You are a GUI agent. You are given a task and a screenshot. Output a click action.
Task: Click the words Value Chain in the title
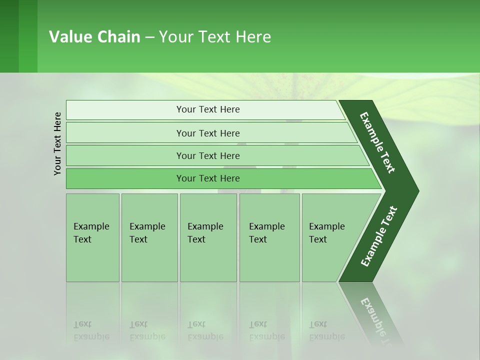click(x=94, y=37)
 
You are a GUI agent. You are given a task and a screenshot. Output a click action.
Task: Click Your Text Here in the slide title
click(x=215, y=37)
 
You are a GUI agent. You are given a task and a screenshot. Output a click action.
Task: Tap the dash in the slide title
click(x=149, y=37)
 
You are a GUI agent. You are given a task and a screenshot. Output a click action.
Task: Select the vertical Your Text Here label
click(x=57, y=143)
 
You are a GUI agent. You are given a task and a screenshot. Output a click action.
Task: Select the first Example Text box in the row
click(x=92, y=237)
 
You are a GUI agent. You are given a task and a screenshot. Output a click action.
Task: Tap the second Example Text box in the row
click(x=149, y=237)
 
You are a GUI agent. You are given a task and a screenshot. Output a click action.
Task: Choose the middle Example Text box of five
click(x=208, y=237)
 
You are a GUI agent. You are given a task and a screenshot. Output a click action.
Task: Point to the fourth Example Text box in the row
click(x=269, y=237)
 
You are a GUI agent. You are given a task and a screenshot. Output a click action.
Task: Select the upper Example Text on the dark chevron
click(x=377, y=142)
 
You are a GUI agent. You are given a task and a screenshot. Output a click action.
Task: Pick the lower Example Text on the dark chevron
click(x=379, y=236)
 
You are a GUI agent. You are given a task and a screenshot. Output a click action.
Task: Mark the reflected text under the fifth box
click(x=326, y=330)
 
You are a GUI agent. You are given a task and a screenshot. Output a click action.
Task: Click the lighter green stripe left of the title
click(x=28, y=36)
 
